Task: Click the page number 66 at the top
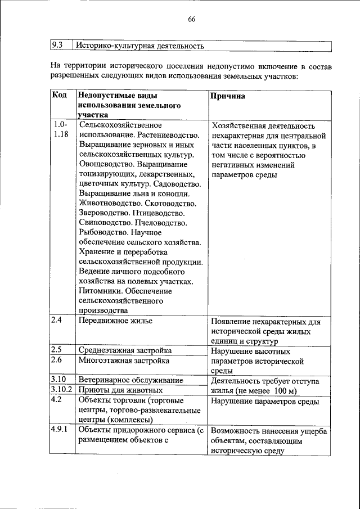tap(191, 19)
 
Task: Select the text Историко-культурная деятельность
tap(140, 46)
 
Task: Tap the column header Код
tap(60, 96)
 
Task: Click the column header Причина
tap(227, 96)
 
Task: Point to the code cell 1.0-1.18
tap(61, 129)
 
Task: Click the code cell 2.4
tap(56, 321)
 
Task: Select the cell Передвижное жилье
tap(116, 321)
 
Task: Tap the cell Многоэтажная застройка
tap(124, 361)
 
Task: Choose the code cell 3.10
tap(58, 380)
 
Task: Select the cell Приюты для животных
tap(120, 390)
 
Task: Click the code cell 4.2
tap(56, 400)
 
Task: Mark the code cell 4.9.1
tap(60, 430)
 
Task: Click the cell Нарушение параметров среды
tap(265, 401)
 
